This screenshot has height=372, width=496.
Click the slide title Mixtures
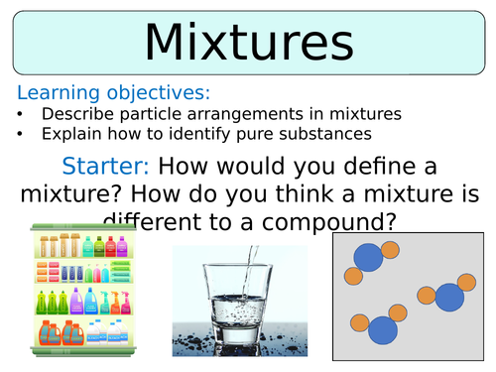[x=248, y=43]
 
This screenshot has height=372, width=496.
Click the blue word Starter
[x=104, y=166]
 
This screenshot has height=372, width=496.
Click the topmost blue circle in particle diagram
[x=369, y=258]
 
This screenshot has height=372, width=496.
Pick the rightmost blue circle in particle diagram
[x=448, y=297]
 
